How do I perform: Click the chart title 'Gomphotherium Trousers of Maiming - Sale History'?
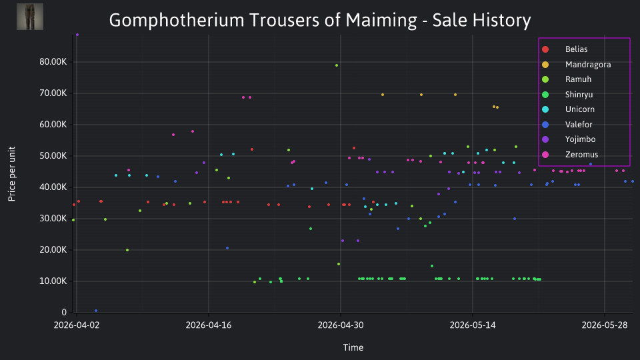coord(319,20)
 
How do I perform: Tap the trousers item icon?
coord(30,17)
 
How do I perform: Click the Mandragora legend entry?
coord(576,65)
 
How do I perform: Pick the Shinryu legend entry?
coord(567,95)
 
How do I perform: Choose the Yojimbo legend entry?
coord(569,139)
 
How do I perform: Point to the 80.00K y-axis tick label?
coord(53,62)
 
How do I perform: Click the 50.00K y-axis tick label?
coord(53,156)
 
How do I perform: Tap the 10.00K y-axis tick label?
coord(53,281)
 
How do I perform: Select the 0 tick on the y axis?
coord(64,312)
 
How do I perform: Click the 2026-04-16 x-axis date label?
coord(209,325)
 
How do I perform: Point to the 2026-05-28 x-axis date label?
coord(605,325)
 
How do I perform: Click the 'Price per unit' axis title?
coord(12,174)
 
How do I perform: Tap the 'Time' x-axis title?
coord(353,348)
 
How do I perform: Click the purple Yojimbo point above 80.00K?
coord(77,35)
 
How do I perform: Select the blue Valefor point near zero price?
coord(96,311)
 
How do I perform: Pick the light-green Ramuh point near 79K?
coord(336,65)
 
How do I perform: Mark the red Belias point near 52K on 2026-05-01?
coord(354,148)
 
